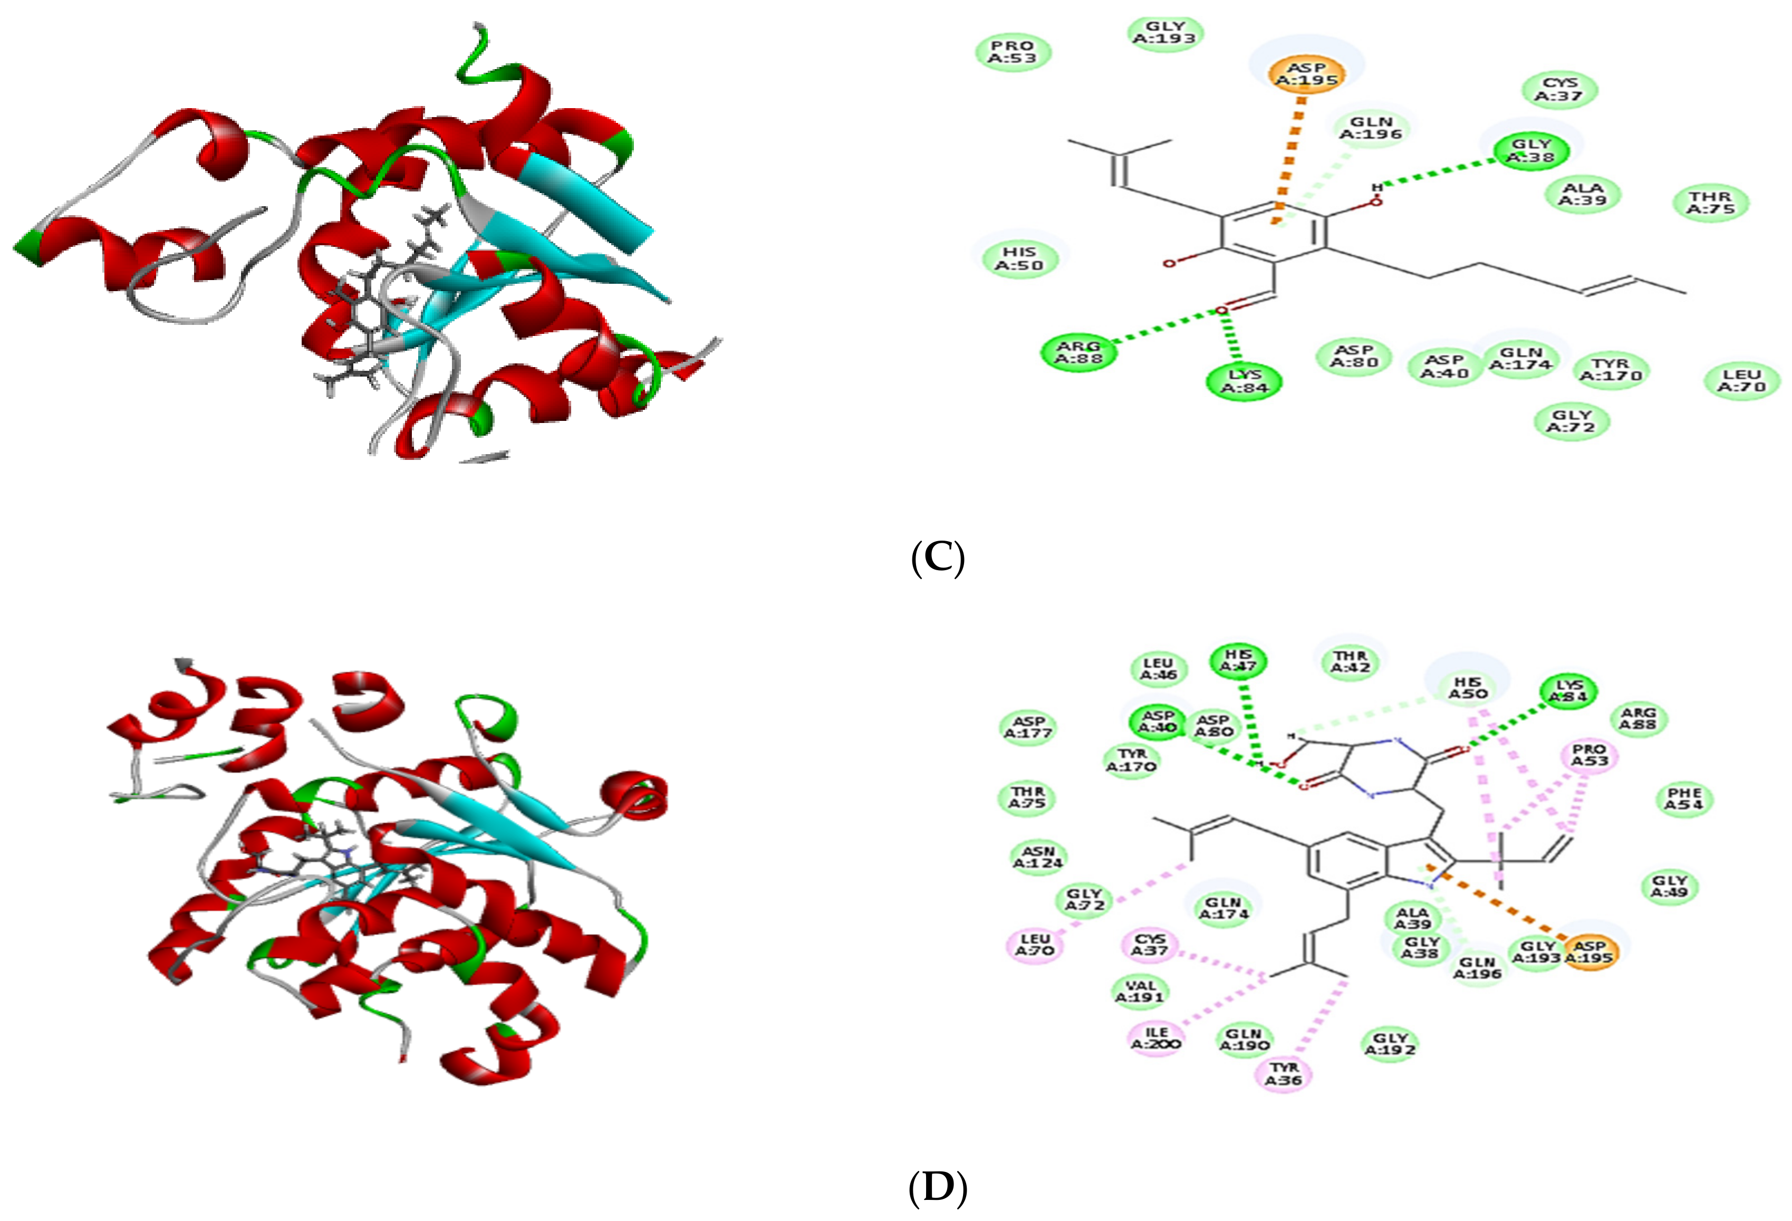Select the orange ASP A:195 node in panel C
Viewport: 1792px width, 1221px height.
(1306, 74)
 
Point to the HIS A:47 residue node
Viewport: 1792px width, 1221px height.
(1238, 660)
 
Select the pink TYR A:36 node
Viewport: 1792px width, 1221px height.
(1283, 1074)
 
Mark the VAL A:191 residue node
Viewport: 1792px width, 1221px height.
(1140, 991)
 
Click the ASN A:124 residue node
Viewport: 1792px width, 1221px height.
(1037, 857)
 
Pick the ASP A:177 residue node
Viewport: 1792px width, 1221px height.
(1028, 727)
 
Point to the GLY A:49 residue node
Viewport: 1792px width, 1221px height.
(1670, 886)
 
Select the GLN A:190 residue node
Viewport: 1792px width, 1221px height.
(1244, 1040)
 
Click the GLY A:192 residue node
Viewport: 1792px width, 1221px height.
(1390, 1044)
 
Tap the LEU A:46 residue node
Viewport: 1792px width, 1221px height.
(1158, 669)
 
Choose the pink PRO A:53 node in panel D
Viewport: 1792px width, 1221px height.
(1589, 755)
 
